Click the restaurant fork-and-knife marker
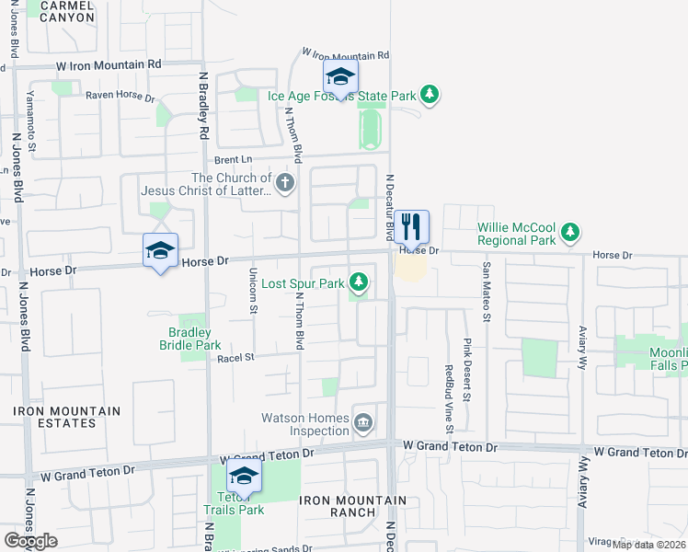pyautogui.click(x=412, y=226)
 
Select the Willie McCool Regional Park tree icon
pyautogui.click(x=571, y=232)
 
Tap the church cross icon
pyautogui.click(x=285, y=182)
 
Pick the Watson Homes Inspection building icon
pyautogui.click(x=363, y=422)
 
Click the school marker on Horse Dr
pyautogui.click(x=160, y=250)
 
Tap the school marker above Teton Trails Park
pyautogui.click(x=244, y=476)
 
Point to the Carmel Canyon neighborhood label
pyautogui.click(x=62, y=11)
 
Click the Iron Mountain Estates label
pyautogui.click(x=66, y=417)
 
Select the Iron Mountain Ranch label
pyautogui.click(x=352, y=506)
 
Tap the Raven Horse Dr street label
pyautogui.click(x=118, y=95)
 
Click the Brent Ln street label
pyautogui.click(x=234, y=159)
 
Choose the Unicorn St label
pyautogui.click(x=253, y=291)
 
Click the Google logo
pyautogui.click(x=30, y=541)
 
